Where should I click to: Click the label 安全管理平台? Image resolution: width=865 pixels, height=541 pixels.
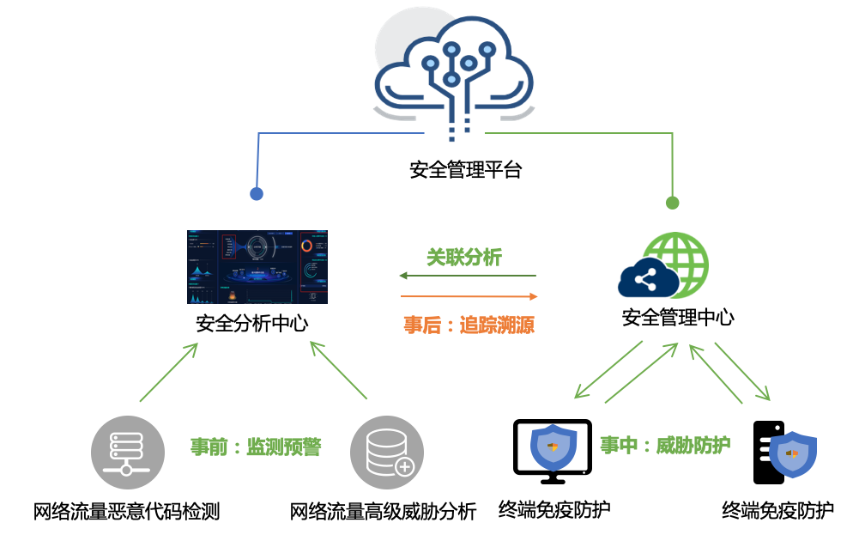pos(466,169)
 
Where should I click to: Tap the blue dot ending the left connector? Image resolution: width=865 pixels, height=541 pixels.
pos(256,194)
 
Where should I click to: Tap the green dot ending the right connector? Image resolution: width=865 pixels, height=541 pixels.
pos(673,204)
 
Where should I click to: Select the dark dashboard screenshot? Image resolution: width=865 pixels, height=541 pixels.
pos(257,267)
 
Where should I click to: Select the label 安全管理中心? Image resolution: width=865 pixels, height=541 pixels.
pos(678,317)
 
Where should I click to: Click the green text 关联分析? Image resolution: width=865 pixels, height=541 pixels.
pos(464,257)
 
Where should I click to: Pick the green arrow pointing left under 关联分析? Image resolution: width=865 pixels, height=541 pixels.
pos(468,277)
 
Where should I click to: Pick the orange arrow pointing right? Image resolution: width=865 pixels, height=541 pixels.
pos(469,296)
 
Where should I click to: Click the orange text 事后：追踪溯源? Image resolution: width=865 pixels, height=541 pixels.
pos(469,325)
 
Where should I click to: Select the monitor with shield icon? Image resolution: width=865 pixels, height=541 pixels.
pos(552,447)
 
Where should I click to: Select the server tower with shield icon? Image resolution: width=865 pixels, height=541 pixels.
pos(783,453)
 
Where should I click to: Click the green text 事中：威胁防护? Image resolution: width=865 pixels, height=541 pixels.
pos(665,445)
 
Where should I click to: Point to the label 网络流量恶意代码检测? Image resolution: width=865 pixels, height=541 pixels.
pos(127,512)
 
